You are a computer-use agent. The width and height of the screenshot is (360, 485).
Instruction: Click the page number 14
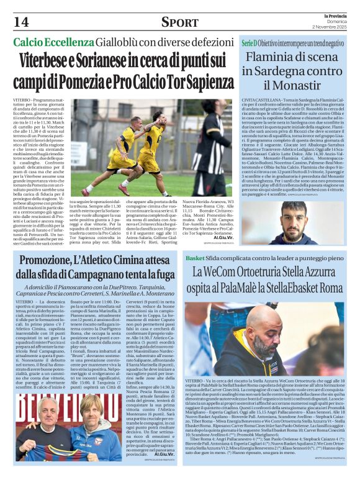(20, 22)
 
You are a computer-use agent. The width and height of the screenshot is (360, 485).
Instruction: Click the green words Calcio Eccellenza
(53, 43)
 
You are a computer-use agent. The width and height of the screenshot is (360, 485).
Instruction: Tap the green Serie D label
(248, 43)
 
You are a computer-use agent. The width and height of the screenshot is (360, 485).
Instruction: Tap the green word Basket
(246, 257)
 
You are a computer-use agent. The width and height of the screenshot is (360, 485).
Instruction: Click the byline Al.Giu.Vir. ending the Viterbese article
(223, 237)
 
